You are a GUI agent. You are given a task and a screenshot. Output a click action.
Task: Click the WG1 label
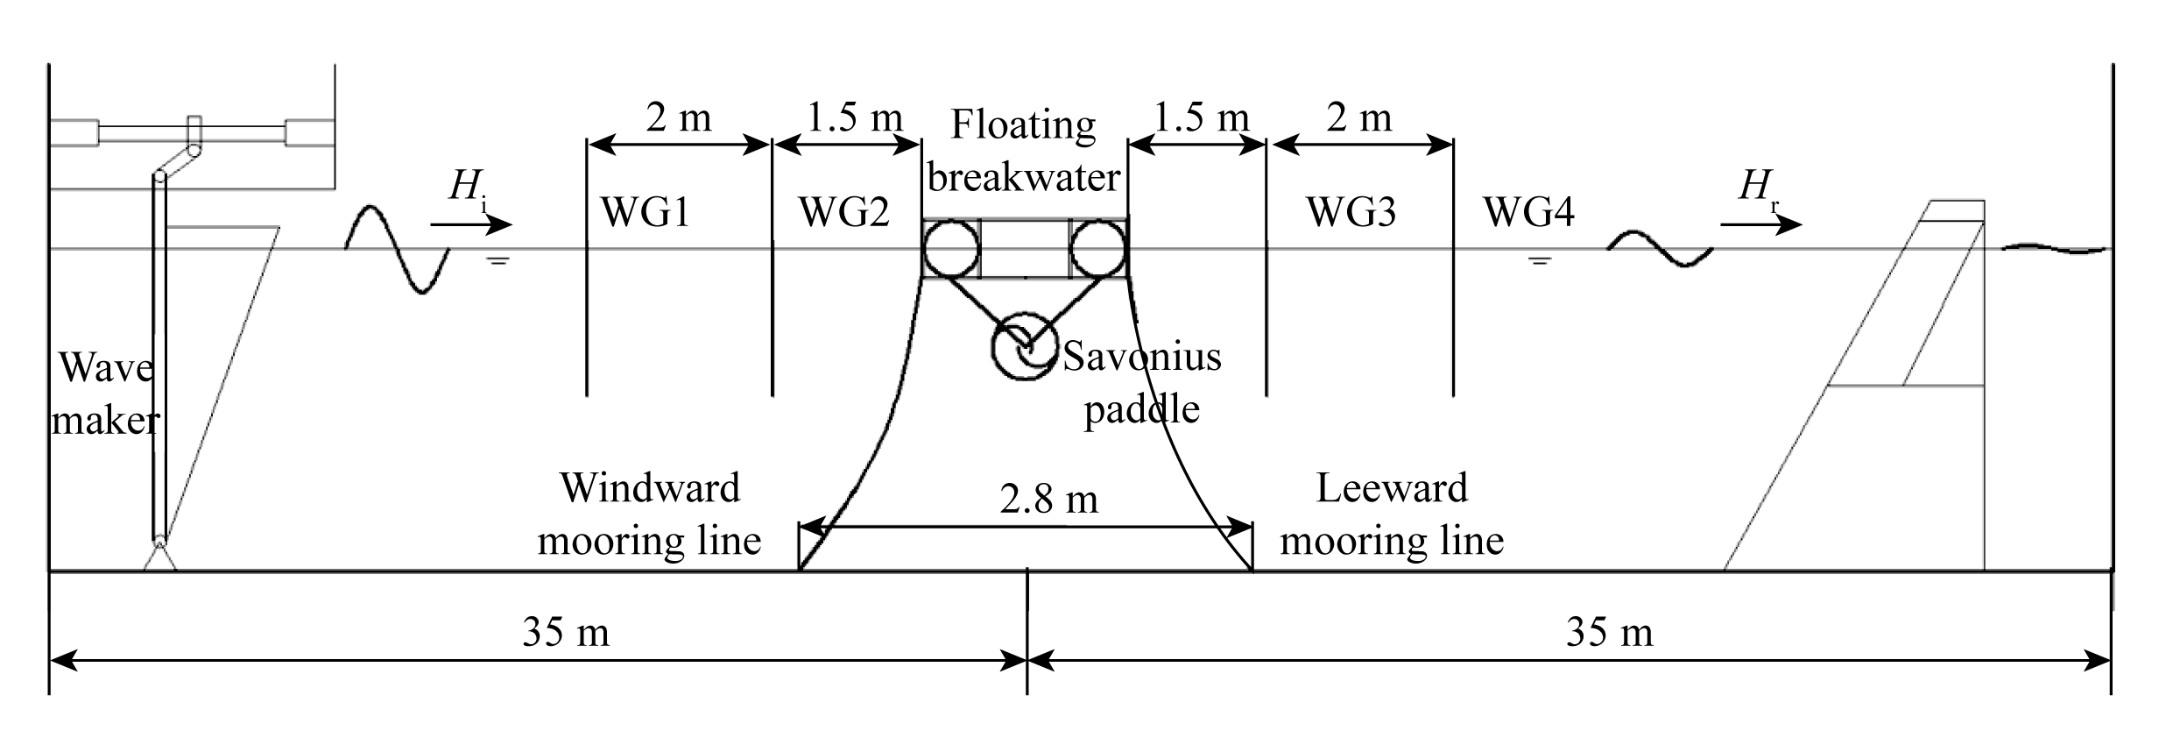(x=645, y=212)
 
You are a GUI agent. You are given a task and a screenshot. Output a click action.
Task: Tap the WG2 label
(x=843, y=212)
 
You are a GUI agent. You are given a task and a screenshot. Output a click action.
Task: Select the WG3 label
(x=1351, y=212)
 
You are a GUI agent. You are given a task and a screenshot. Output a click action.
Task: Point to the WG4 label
(x=1528, y=212)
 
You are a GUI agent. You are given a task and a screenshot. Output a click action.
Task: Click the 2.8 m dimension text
(x=1048, y=500)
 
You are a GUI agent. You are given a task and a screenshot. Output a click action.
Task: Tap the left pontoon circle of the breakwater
(x=951, y=248)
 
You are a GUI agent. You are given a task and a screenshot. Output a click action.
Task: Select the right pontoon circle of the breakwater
(x=1098, y=248)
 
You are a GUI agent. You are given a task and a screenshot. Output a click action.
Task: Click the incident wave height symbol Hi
(x=467, y=189)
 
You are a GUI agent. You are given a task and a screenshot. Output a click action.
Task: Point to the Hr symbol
(x=1758, y=189)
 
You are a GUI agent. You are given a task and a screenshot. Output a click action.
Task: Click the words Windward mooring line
(x=650, y=514)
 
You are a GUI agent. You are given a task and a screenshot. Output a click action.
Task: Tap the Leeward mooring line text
(x=1392, y=514)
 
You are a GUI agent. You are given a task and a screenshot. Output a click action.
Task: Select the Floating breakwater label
(x=1023, y=151)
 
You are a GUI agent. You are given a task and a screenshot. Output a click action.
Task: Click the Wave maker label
(x=106, y=394)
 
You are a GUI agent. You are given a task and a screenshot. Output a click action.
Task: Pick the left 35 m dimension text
(x=566, y=632)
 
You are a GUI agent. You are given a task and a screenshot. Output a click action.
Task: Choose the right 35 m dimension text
(x=1610, y=632)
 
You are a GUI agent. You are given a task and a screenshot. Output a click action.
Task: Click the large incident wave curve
(x=398, y=249)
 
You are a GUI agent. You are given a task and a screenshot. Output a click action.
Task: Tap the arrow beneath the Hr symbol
(x=1761, y=225)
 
